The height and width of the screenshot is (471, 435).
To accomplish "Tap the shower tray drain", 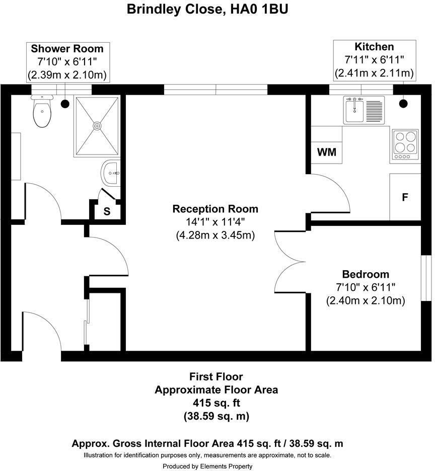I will click(x=98, y=126).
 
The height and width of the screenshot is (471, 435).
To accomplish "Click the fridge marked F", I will click(x=405, y=197).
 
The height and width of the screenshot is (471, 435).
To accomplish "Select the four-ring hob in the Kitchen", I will click(x=405, y=142).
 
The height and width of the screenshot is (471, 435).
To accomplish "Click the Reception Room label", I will click(x=215, y=209).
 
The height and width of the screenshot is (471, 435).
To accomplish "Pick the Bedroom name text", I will click(x=366, y=274).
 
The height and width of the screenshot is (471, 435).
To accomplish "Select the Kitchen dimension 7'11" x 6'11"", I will click(x=374, y=60).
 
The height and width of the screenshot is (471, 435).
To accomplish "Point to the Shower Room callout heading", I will click(x=67, y=49).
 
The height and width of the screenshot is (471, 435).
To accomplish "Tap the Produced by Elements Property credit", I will click(x=207, y=466).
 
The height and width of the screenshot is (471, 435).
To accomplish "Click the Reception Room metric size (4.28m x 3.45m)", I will click(x=215, y=235).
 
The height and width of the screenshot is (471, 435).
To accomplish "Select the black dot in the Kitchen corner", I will click(x=403, y=104).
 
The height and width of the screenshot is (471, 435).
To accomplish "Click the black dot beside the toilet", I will click(x=65, y=104).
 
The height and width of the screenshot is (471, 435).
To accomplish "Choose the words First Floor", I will click(x=216, y=376).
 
